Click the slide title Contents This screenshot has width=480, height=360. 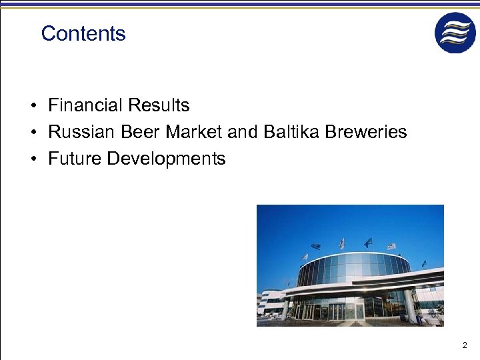(x=83, y=33)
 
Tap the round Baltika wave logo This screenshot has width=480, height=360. (x=455, y=33)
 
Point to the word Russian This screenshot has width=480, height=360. (x=82, y=132)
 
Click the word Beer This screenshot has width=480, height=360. (x=141, y=132)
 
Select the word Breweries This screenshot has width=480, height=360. (x=366, y=132)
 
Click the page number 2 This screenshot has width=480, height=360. (x=465, y=345)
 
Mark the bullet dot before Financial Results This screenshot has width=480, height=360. (x=32, y=106)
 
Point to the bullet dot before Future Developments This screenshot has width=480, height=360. (x=32, y=159)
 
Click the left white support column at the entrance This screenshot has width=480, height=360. (x=286, y=309)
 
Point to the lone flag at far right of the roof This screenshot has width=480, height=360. (x=424, y=264)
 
